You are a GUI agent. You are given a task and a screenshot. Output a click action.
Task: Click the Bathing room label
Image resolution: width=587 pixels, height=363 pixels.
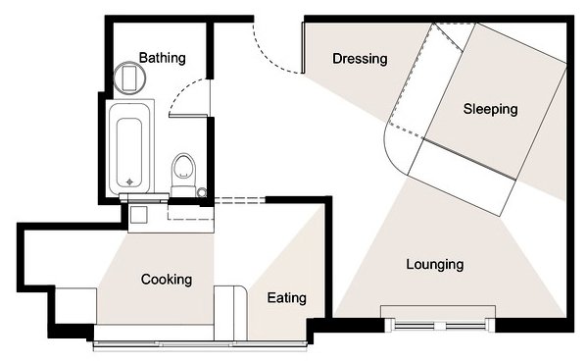[162, 58]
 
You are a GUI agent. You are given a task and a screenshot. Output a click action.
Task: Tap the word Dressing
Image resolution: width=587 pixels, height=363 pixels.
[360, 59]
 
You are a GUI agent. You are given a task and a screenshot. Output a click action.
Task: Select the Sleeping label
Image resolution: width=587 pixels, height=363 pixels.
[490, 109]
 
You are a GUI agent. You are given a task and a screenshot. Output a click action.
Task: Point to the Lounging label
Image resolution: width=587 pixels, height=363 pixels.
[435, 265]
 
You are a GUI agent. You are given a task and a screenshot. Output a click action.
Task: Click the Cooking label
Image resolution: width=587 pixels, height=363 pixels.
[167, 280]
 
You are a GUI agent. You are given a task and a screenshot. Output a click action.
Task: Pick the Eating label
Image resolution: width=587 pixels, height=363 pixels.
[287, 298]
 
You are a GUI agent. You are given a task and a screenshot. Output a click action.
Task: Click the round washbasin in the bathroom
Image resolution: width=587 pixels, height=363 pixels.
[129, 78]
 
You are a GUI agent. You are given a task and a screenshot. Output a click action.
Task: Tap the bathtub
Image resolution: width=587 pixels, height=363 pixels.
[129, 147]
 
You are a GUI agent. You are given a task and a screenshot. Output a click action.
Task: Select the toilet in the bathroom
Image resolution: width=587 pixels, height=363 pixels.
[183, 175]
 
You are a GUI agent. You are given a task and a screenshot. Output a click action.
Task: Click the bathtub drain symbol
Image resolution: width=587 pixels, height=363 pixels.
[129, 182]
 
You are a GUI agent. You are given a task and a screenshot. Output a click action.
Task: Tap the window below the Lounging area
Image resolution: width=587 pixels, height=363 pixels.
[440, 325]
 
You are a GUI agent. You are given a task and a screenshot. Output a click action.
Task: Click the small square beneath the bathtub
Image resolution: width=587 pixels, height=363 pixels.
[138, 215]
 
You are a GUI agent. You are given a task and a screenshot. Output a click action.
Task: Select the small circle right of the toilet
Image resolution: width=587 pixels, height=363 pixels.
[202, 192]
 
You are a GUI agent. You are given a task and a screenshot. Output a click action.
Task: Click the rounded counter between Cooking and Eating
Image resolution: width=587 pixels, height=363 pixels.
[230, 313]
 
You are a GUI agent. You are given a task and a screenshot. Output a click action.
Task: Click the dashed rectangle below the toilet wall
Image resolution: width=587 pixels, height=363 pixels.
[190, 212]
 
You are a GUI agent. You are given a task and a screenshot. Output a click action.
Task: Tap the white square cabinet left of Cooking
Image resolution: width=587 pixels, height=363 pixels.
[76, 306]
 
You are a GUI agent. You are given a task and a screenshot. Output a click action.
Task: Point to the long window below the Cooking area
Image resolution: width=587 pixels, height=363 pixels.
[200, 344]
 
